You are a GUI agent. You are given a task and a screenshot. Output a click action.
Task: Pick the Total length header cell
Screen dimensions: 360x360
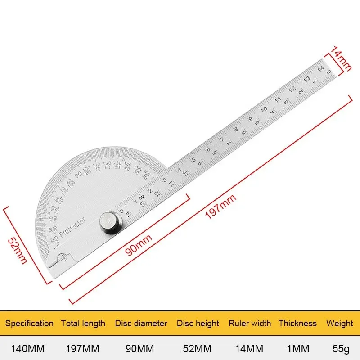pos(83,323)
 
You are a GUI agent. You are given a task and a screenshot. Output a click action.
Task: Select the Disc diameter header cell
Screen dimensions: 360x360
pos(141,323)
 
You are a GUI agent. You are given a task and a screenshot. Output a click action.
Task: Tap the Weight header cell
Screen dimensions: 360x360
pos(340,323)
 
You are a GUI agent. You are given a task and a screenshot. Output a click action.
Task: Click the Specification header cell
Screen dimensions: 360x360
pos(29,323)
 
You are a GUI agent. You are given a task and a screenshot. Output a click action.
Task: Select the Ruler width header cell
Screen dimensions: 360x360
pos(250,323)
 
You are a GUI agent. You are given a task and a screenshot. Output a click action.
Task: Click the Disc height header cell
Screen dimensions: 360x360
pos(198,323)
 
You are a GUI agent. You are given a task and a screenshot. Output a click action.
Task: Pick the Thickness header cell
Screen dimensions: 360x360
pos(297,323)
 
